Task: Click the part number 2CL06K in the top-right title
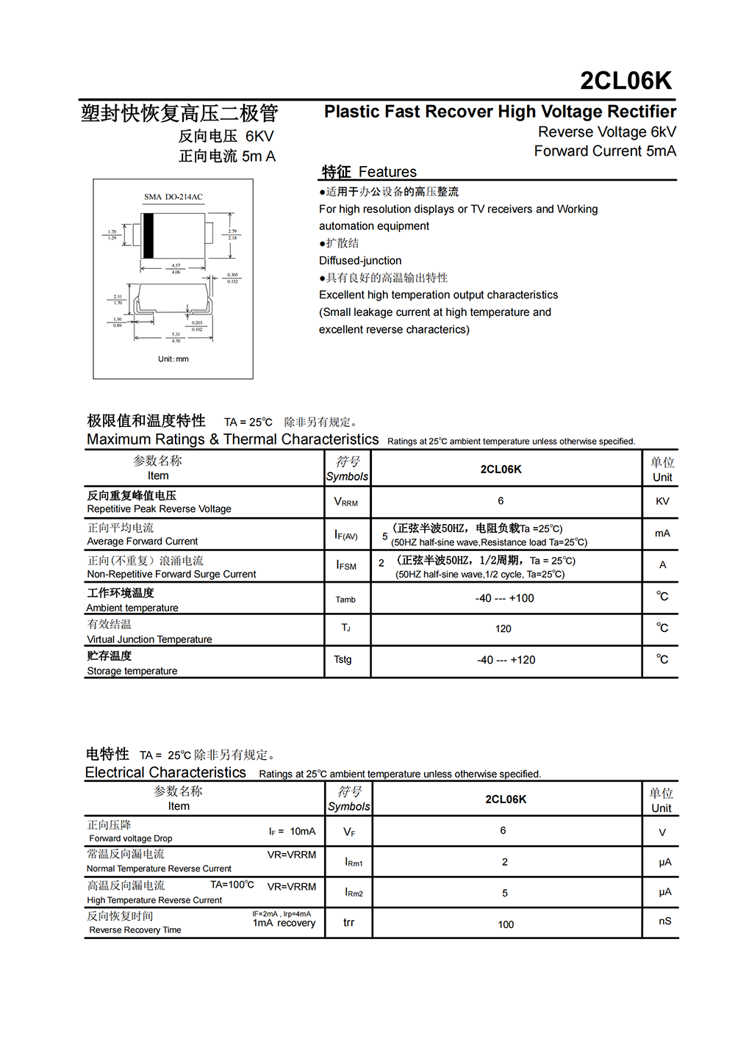click(x=625, y=81)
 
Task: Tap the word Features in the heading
click(x=387, y=172)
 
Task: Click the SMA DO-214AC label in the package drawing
click(x=173, y=197)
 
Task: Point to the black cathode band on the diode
click(x=148, y=235)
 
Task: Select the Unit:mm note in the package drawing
click(x=173, y=359)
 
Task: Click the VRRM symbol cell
click(x=346, y=502)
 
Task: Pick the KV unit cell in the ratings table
click(x=662, y=501)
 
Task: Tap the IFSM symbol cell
click(x=346, y=565)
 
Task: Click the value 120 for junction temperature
click(x=503, y=629)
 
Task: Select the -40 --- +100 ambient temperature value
click(x=505, y=598)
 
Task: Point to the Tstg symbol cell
click(x=343, y=660)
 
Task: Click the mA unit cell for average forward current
click(x=662, y=533)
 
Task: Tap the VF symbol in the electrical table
click(x=349, y=833)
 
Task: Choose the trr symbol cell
click(x=349, y=923)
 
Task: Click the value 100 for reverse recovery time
click(x=506, y=924)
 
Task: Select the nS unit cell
click(x=664, y=921)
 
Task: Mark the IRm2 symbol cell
click(x=354, y=893)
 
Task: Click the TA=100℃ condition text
click(x=232, y=885)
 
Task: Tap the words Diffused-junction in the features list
click(x=360, y=261)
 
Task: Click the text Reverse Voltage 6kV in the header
click(x=607, y=132)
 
